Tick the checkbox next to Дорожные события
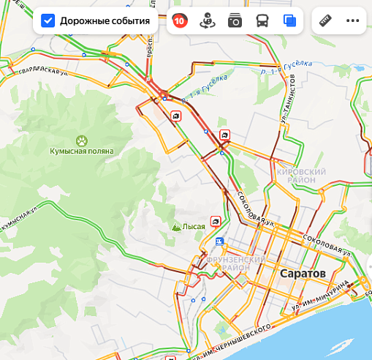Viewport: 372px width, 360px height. (x=48, y=20)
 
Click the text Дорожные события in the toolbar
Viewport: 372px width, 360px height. (x=105, y=20)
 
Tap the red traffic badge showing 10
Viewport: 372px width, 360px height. (x=179, y=20)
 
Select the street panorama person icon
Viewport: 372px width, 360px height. (x=207, y=20)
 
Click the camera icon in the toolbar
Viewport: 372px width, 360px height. (x=235, y=20)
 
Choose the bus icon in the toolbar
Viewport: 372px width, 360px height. (x=262, y=20)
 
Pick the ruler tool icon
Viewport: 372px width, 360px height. (x=326, y=20)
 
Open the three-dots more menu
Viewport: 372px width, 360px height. (x=353, y=20)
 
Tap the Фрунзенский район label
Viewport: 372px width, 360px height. (x=235, y=263)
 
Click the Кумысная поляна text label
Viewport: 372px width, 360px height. (x=81, y=151)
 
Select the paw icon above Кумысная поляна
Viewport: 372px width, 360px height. (x=81, y=140)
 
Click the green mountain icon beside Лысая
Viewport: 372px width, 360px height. (x=175, y=227)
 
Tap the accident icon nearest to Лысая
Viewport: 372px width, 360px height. (x=216, y=220)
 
